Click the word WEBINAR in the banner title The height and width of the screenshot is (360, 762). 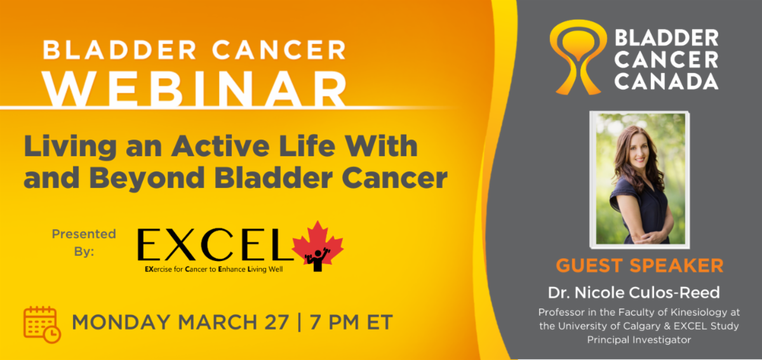point(195,90)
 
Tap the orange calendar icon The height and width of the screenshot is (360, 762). point(42,324)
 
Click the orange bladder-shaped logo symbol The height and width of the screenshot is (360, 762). point(578,57)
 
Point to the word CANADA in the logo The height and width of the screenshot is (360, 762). point(666,82)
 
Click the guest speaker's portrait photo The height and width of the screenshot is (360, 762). point(639,179)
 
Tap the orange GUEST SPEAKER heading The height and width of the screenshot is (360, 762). point(639,265)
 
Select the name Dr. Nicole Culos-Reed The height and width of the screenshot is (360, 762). point(634,293)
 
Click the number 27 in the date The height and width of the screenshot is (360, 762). point(277,322)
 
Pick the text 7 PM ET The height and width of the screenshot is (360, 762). point(351,322)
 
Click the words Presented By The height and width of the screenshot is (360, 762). point(84,243)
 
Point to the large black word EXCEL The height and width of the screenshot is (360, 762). point(215,244)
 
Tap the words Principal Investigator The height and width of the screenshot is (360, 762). point(639,340)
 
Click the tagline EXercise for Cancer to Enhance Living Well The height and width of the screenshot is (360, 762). point(213,269)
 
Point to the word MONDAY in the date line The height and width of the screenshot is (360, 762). point(121,322)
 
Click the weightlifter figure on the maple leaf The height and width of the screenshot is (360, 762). point(317,260)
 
